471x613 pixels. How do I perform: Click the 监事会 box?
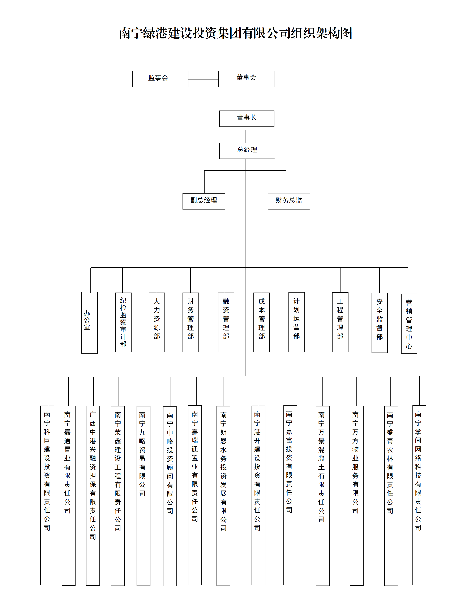(x=160, y=79)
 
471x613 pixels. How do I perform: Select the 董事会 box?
(x=246, y=79)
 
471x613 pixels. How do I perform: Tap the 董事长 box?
(x=247, y=118)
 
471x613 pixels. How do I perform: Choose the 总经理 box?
(x=247, y=151)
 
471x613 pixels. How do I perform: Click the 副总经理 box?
(x=204, y=201)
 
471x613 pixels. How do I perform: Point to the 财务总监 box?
(x=289, y=202)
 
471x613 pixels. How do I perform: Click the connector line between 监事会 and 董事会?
(x=203, y=79)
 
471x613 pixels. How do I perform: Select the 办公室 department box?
(x=89, y=323)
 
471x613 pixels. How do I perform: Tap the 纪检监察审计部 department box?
(x=123, y=322)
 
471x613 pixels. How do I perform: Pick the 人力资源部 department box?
(x=157, y=322)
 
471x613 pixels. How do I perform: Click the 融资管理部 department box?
(x=226, y=322)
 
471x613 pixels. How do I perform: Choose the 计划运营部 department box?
(x=297, y=322)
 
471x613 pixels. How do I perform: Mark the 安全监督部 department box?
(x=379, y=323)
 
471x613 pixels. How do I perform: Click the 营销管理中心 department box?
(x=409, y=323)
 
